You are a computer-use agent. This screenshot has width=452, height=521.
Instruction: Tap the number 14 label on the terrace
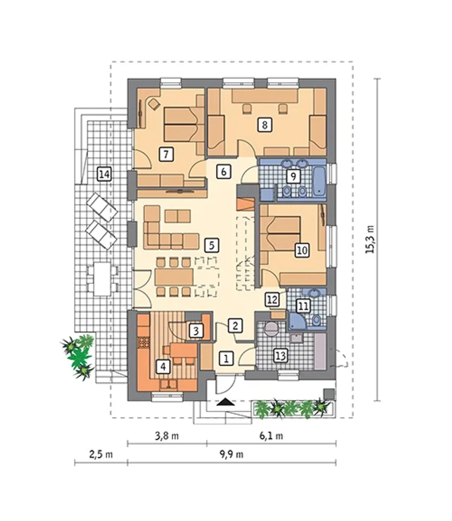[x=104, y=174]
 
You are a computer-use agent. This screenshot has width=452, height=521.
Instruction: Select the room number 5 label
[x=212, y=245]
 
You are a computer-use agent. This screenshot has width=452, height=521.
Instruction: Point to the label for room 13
[x=281, y=356]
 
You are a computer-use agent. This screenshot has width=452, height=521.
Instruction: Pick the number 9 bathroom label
[x=293, y=176]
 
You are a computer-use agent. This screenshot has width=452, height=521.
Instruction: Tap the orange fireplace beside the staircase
[x=245, y=204]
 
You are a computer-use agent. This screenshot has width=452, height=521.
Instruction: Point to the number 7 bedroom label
[x=166, y=154]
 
